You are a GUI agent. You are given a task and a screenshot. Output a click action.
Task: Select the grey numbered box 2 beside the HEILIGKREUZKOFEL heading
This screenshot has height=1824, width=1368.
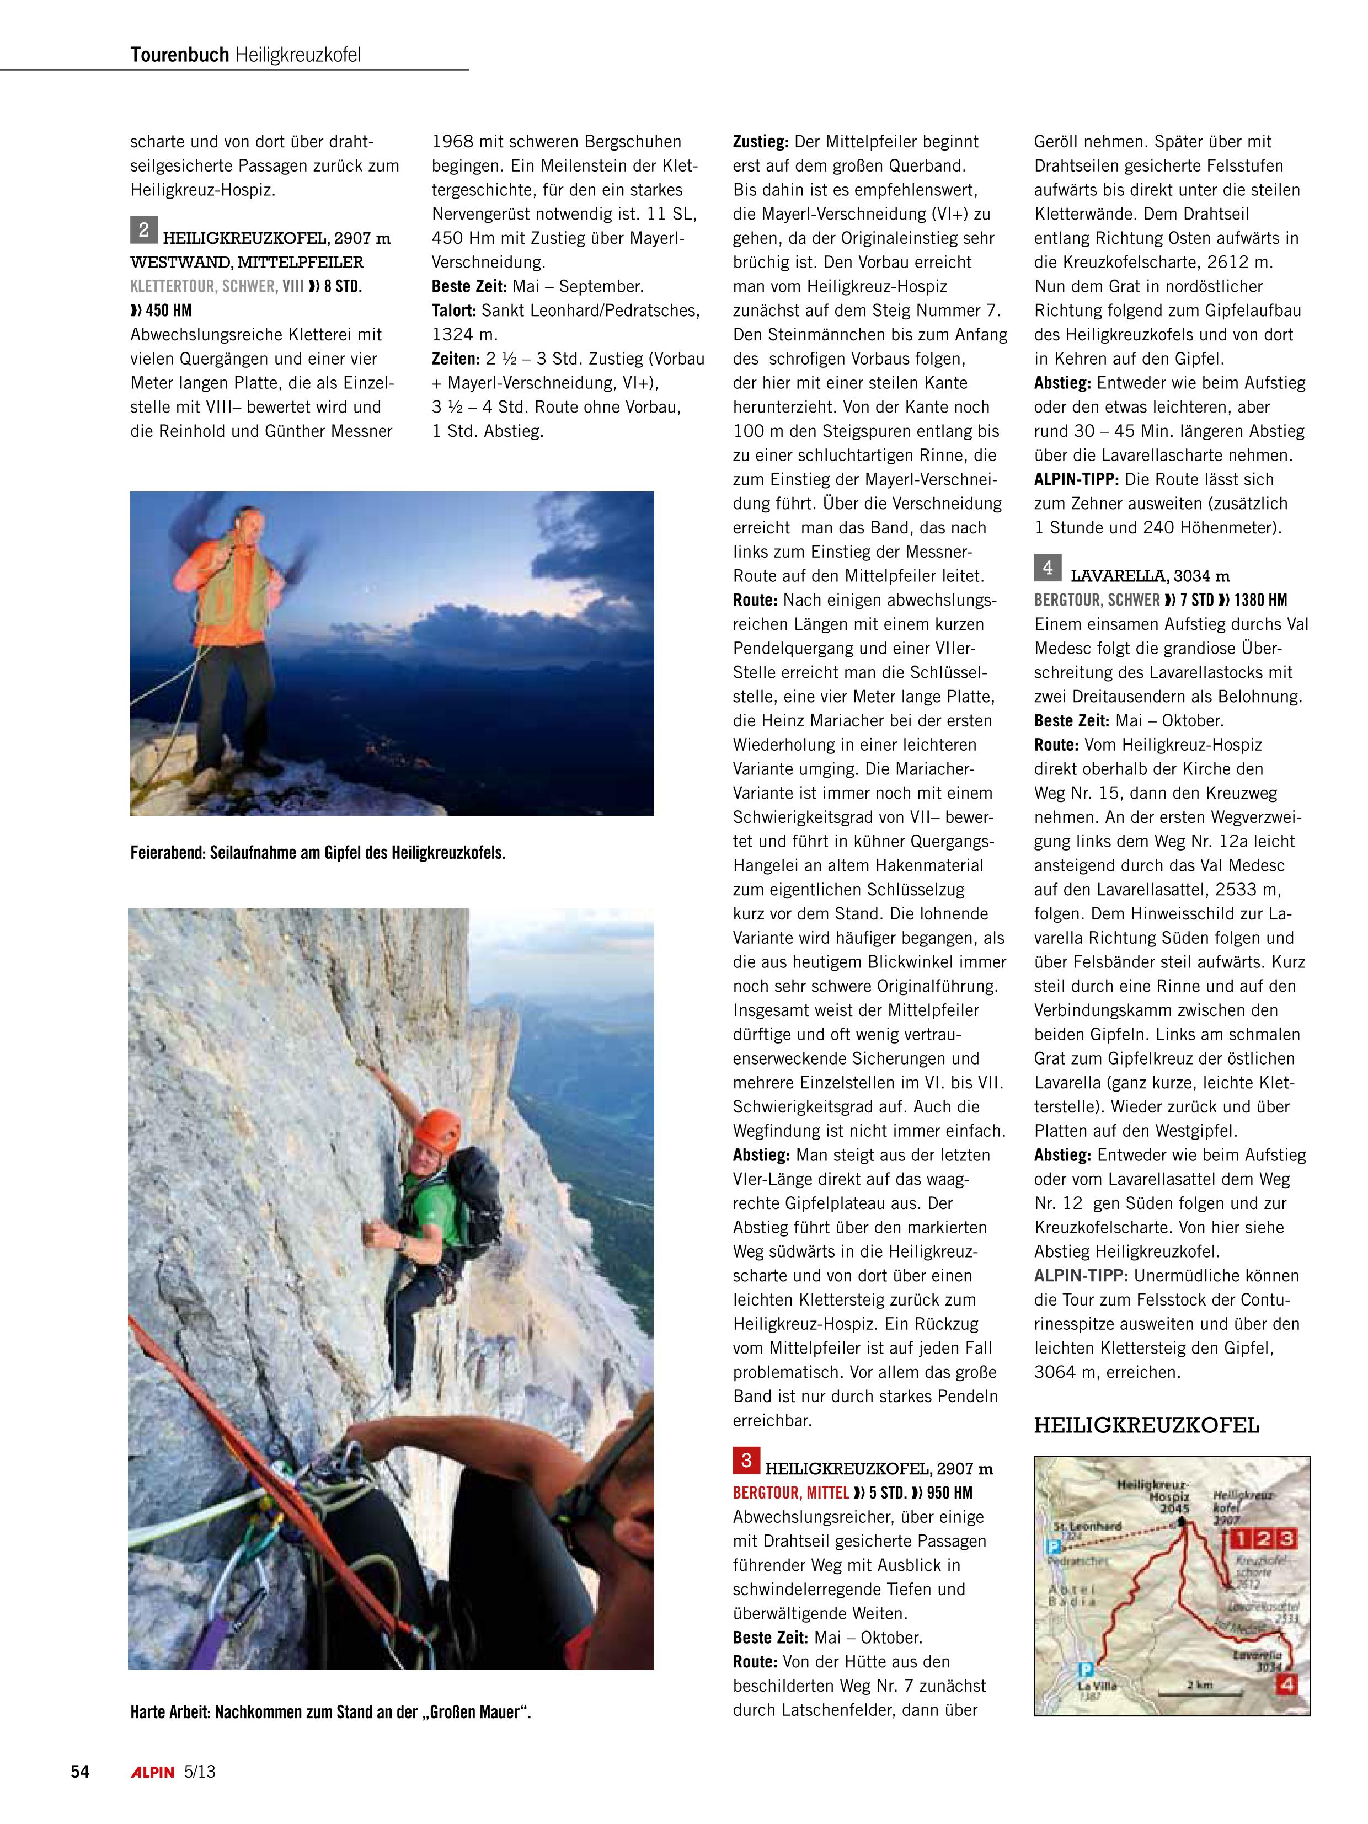coord(143,229)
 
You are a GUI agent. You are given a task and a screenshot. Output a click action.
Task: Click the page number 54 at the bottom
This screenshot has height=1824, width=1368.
coord(80,1771)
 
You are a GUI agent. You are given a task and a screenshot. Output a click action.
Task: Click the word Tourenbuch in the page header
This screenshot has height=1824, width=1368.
coord(179,55)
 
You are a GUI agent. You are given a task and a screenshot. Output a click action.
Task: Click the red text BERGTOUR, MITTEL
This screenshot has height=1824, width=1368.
coord(790,1493)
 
